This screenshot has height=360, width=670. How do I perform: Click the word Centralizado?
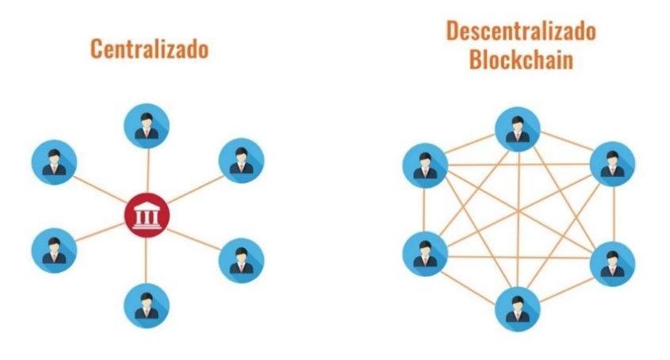[150, 48]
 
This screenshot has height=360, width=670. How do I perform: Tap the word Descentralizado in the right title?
[521, 31]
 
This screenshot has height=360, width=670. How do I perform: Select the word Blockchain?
[521, 59]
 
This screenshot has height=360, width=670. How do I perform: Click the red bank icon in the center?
[147, 215]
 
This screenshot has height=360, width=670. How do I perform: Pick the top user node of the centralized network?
[147, 126]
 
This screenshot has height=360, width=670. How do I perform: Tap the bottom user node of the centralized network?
[147, 305]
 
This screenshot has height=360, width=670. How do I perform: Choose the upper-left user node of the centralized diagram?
[54, 162]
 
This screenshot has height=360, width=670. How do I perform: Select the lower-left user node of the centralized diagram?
[54, 251]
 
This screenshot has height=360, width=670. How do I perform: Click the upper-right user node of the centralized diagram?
[241, 160]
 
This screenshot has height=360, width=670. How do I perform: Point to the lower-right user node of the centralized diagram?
[241, 260]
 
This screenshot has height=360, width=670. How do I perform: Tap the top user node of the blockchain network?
[518, 129]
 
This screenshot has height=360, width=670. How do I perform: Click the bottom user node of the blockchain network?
[518, 309]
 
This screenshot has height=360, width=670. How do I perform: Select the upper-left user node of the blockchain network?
[425, 166]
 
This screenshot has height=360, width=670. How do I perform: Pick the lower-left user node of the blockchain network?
[425, 254]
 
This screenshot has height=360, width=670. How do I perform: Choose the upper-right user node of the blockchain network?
[612, 164]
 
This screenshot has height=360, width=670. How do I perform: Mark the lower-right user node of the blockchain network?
[612, 264]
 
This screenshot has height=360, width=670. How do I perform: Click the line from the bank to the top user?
[147, 170]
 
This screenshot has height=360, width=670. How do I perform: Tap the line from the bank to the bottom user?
[146, 260]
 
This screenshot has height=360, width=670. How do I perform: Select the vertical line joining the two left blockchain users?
[424, 210]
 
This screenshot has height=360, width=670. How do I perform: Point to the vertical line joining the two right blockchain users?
[614, 214]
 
